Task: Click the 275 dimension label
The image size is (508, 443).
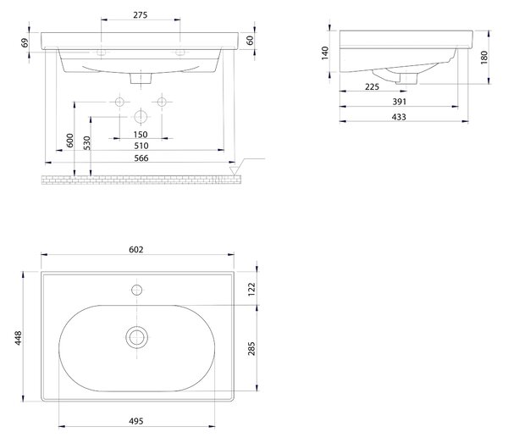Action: (140, 15)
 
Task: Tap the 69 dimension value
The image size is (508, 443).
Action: (25, 43)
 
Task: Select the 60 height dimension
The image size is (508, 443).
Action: (250, 41)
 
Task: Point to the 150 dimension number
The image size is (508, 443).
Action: (141, 134)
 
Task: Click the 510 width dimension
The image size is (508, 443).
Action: (141, 146)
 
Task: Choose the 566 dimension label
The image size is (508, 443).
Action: (141, 158)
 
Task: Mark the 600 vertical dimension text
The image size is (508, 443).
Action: (70, 141)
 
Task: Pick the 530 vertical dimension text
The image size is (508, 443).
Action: (87, 143)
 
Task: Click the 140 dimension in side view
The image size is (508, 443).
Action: (325, 53)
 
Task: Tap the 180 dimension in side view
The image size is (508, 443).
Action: (484, 58)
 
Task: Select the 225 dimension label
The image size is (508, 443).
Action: (372, 87)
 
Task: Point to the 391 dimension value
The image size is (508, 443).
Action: (399, 102)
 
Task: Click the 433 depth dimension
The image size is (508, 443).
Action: (399, 117)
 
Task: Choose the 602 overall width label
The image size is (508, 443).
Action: (136, 250)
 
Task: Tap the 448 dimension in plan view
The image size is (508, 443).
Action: (18, 338)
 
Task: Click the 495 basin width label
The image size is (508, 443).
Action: (136, 421)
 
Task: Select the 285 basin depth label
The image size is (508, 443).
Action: (251, 348)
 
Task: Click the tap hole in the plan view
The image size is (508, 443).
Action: (136, 290)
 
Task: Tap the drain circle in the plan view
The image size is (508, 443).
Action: (136, 337)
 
